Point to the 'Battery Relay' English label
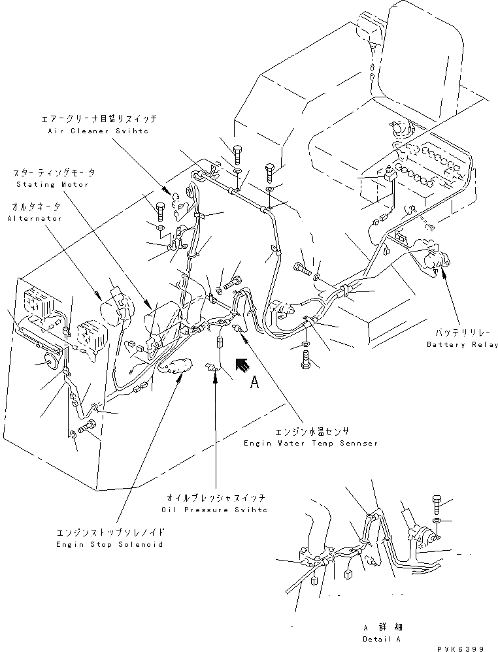[461, 344]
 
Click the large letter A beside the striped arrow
[256, 384]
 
